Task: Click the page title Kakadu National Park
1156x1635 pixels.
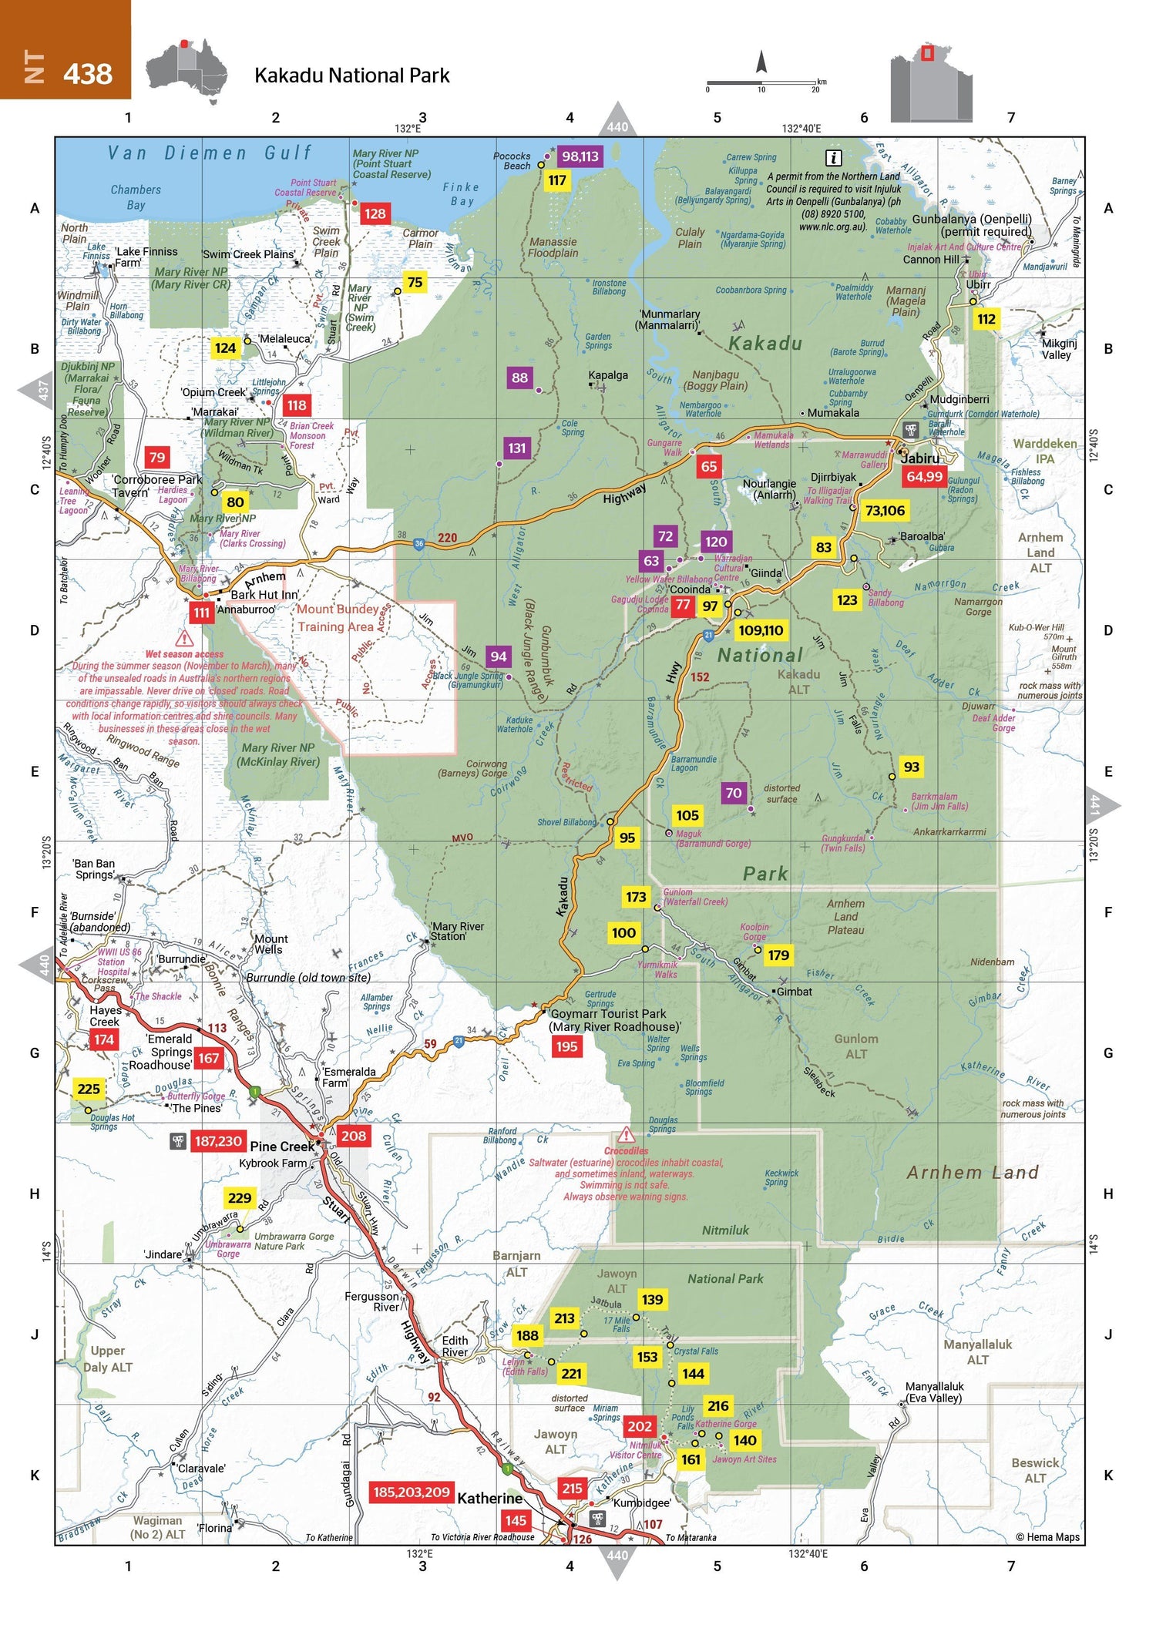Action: pyautogui.click(x=351, y=76)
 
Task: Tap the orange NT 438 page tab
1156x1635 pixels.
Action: pyautogui.click(x=66, y=50)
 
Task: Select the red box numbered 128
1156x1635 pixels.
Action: pyautogui.click(x=375, y=213)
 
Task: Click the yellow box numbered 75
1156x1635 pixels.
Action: pyautogui.click(x=415, y=282)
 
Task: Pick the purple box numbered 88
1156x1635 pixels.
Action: pyautogui.click(x=519, y=378)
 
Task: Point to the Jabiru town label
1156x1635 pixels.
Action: pyautogui.click(x=920, y=458)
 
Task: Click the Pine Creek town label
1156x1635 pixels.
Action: pyautogui.click(x=282, y=1147)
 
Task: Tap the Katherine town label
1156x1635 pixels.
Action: pyautogui.click(x=490, y=1498)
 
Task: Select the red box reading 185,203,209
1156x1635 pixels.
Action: pyautogui.click(x=411, y=1492)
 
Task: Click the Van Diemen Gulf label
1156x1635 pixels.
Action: pyautogui.click(x=210, y=153)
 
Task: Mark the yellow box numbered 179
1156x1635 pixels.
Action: pyautogui.click(x=778, y=955)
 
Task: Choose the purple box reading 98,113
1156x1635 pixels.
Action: pyautogui.click(x=580, y=156)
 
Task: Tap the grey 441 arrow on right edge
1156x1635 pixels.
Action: pyautogui.click(x=1101, y=806)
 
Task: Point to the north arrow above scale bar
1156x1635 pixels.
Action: pyautogui.click(x=761, y=62)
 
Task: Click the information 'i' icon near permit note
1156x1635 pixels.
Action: pyautogui.click(x=833, y=158)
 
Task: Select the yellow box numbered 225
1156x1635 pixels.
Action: pyautogui.click(x=89, y=1089)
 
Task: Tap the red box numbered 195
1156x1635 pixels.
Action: pyautogui.click(x=566, y=1046)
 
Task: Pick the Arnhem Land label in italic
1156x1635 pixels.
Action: pyautogui.click(x=973, y=1173)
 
